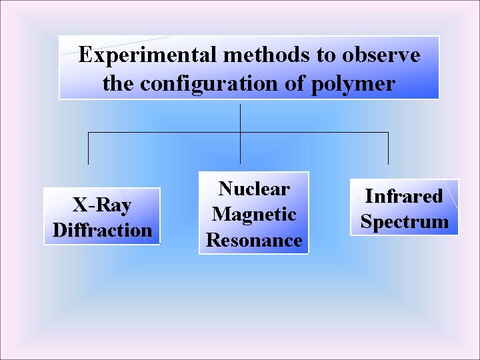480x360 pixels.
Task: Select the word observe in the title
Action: (381, 55)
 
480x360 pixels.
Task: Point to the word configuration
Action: (200, 85)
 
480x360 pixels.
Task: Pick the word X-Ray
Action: (102, 205)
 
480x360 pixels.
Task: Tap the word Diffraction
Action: (102, 231)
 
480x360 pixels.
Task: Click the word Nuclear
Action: (254, 189)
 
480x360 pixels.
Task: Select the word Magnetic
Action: (254, 214)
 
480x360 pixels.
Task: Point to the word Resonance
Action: (254, 240)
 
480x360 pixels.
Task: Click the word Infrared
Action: (404, 196)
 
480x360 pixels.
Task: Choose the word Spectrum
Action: (404, 221)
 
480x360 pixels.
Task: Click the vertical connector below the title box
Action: (240, 117)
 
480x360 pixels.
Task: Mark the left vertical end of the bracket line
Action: (89, 148)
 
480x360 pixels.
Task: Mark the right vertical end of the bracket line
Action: (389, 148)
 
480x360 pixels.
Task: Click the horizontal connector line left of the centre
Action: (163, 133)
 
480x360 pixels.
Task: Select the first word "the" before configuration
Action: (119, 85)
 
